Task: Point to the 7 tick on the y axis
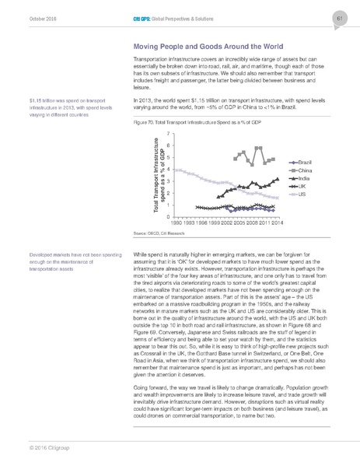pyautogui.click(x=168, y=135)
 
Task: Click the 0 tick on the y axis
pyautogui.click(x=168, y=216)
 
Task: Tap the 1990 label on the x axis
pyautogui.click(x=178, y=223)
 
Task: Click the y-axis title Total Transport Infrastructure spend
pyautogui.click(x=155, y=176)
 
